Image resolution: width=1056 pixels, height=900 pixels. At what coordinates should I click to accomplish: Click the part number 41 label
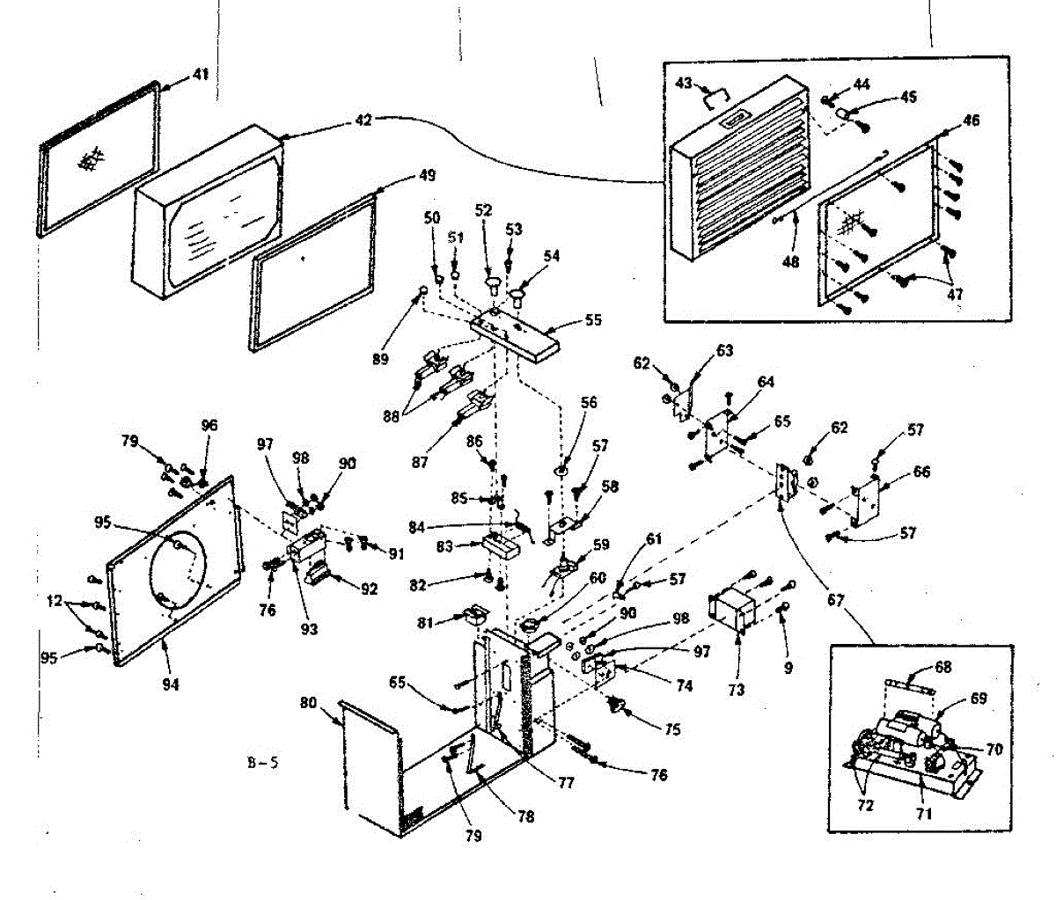[201, 76]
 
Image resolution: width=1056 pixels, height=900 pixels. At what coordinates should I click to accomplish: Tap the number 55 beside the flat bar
[593, 321]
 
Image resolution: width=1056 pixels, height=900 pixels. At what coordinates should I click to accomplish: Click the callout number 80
[308, 703]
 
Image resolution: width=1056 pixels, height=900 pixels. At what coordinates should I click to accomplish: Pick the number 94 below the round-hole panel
[170, 684]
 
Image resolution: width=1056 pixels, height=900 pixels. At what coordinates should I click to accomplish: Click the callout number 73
[736, 689]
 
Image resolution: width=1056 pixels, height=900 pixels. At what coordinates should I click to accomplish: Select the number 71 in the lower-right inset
[923, 814]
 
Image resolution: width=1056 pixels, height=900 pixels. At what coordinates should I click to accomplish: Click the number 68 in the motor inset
[943, 668]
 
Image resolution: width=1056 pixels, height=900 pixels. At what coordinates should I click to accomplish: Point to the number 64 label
[765, 382]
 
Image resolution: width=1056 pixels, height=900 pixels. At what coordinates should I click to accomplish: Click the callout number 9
[788, 669]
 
